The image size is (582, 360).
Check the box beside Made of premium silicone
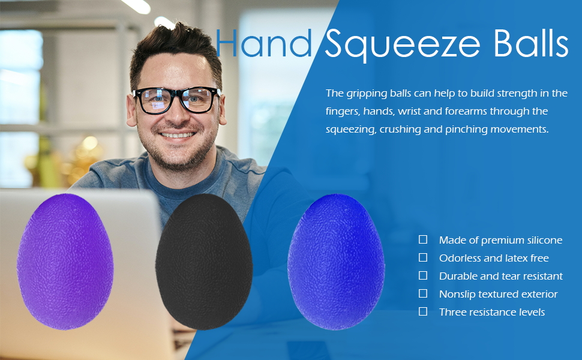[423, 239]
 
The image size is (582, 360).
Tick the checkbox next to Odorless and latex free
[423, 257]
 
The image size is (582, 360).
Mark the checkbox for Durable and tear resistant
[423, 275]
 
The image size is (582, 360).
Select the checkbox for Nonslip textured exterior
[423, 293]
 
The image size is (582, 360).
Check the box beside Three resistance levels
[423, 311]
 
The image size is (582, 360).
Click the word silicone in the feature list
[542, 240]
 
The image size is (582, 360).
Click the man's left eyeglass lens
[196, 100]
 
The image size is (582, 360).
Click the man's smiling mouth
[178, 135]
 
